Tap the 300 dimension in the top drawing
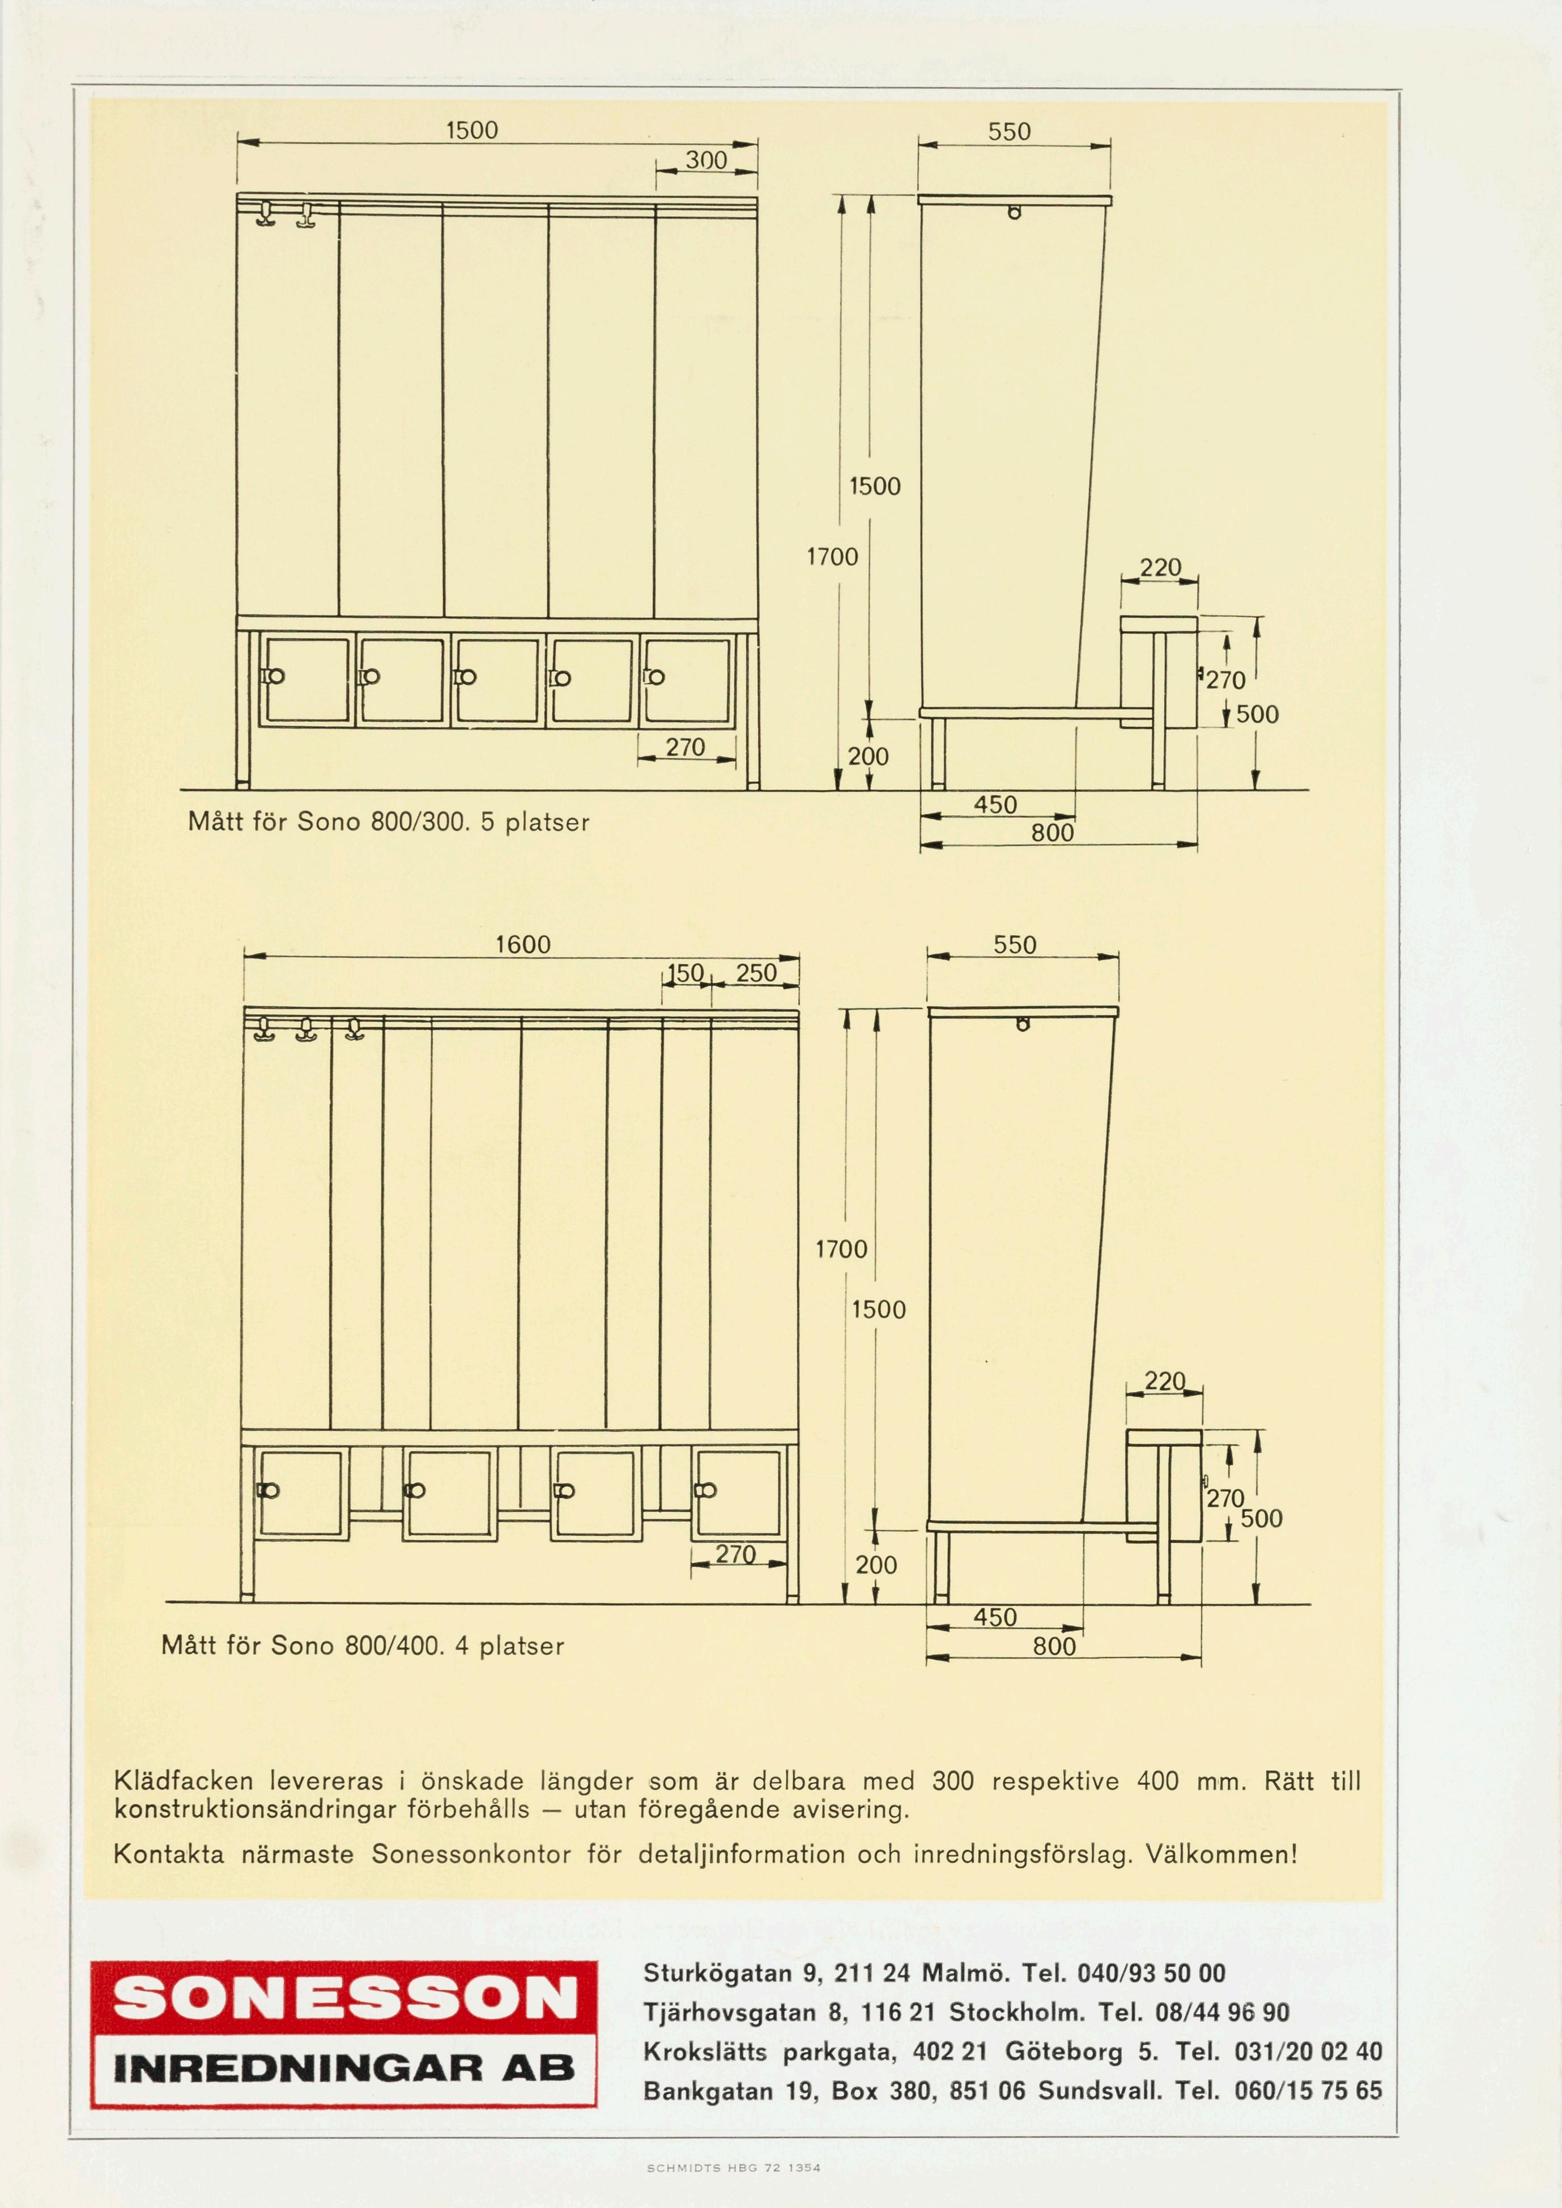[706, 160]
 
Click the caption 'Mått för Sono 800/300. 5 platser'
[389, 821]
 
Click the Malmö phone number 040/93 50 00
[1151, 1973]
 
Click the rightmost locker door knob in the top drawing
[656, 677]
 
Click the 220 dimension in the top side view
[1160, 567]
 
